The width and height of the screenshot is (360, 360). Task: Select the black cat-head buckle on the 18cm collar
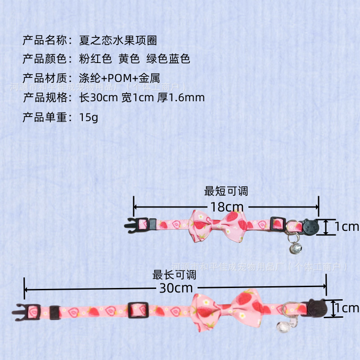[310, 226]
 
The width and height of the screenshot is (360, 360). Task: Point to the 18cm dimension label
[227, 207]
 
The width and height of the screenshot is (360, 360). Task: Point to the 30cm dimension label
[176, 288]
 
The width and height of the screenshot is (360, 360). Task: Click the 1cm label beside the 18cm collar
[346, 226]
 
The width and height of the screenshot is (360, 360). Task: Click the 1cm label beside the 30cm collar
[346, 308]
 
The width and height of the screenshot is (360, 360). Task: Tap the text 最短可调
[226, 191]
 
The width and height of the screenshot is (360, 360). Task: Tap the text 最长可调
[175, 274]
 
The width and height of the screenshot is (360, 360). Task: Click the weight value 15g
[88, 118]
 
